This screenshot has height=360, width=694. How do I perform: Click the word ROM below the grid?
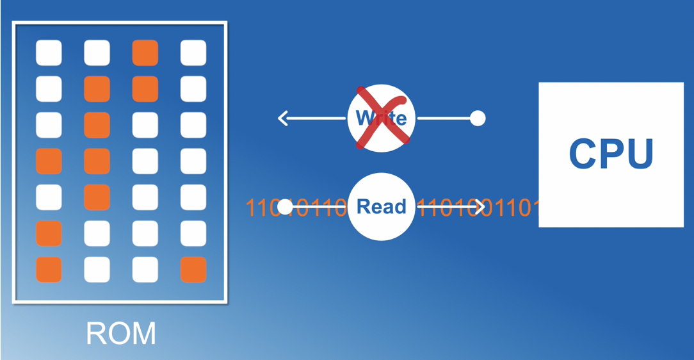tap(120, 333)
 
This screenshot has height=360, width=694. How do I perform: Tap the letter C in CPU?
tap(584, 154)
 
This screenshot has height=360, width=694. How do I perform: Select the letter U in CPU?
tap(638, 154)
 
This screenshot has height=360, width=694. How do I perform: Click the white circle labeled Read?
tap(382, 207)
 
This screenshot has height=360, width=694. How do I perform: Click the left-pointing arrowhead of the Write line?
tap(282, 119)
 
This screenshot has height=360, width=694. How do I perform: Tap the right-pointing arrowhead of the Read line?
tap(479, 207)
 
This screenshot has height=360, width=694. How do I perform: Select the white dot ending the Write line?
tap(478, 118)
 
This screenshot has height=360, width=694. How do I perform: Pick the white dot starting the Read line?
tap(285, 207)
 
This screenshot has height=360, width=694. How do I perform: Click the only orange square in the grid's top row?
tap(145, 53)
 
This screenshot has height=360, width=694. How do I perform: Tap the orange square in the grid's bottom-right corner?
tap(193, 270)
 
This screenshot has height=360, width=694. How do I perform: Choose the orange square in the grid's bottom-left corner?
tap(49, 270)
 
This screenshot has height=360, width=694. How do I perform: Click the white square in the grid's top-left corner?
tap(49, 53)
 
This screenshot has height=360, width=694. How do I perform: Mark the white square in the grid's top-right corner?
tap(193, 53)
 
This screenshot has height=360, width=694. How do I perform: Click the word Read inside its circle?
tap(382, 207)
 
